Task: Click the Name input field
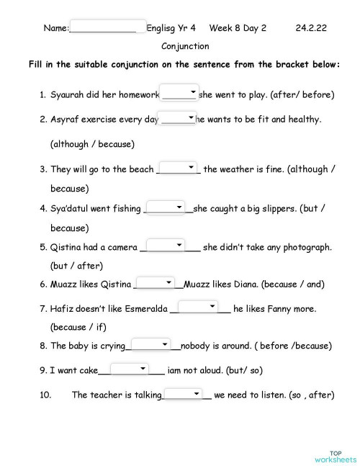pos(109,27)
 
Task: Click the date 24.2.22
pos(310,28)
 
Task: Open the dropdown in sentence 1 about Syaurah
pos(179,93)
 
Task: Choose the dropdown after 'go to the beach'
pos(178,168)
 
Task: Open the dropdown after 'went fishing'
pos(166,207)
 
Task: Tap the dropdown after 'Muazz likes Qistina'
pos(155,283)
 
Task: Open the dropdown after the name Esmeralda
pos(198,308)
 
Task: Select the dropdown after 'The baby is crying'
pos(150,344)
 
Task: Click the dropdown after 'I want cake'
pos(130,369)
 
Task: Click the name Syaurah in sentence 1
pos(70,94)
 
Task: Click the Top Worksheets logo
pos(335,455)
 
